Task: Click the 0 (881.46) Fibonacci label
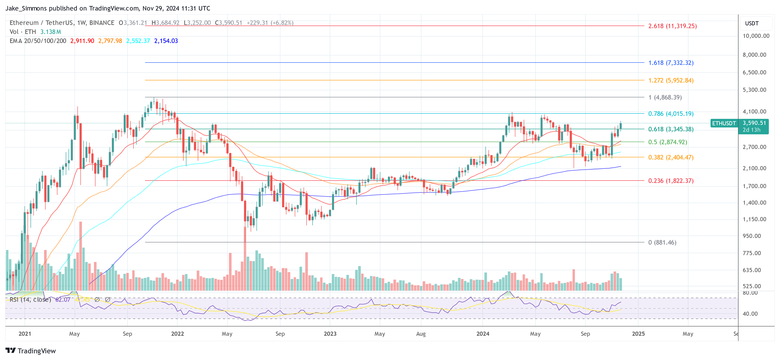[x=662, y=242]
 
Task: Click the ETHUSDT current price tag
[x=724, y=123]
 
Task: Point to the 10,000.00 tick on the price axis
[x=756, y=36]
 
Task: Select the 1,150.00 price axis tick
[x=754, y=219]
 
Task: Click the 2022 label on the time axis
[x=177, y=334]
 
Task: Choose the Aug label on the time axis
[x=421, y=334]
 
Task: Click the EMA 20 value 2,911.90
[x=82, y=41]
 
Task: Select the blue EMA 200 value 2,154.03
[x=166, y=41]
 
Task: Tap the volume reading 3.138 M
[x=51, y=32]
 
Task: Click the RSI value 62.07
[x=63, y=299]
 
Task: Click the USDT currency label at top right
[x=752, y=23]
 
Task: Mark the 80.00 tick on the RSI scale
[x=750, y=293]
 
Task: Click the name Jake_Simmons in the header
[x=26, y=8]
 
